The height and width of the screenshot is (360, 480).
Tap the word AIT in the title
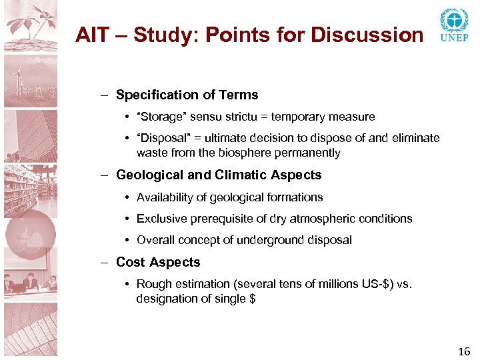click(x=91, y=34)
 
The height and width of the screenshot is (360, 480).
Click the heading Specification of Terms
click(x=187, y=95)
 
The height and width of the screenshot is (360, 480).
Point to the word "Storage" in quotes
click(x=161, y=117)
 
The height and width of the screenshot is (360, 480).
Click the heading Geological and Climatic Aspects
click(x=219, y=175)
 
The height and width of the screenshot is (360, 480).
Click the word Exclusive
click(x=160, y=219)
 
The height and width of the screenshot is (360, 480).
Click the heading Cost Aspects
click(x=158, y=262)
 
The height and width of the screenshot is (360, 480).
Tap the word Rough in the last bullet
click(x=153, y=285)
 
